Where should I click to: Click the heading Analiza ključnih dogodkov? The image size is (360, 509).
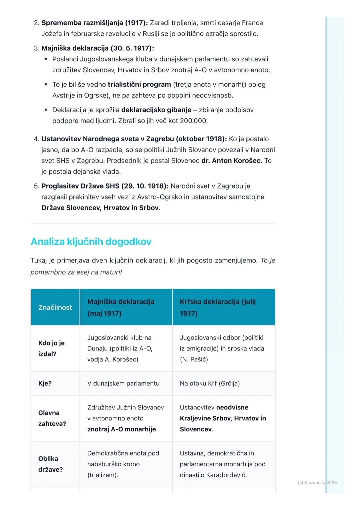point(91,242)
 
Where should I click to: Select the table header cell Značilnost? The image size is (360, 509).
point(55,307)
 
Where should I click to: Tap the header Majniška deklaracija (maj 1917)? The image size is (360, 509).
point(121,307)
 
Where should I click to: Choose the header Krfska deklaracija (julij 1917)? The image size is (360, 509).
point(218,307)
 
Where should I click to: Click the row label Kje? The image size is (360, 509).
point(45,383)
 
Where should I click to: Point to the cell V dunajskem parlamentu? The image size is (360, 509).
point(123,383)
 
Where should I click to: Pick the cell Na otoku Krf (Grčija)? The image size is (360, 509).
point(210,383)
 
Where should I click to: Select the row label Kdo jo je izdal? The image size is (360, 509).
point(51,348)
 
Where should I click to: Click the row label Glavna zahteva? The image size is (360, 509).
point(52,418)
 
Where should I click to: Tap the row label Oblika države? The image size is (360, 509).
point(50,464)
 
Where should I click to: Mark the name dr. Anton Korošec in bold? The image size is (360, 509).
point(231,161)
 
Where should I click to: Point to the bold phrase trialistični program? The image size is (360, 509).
point(139,84)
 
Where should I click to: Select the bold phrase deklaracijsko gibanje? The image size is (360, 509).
point(156,110)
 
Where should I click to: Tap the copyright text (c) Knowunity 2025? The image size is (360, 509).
point(317,482)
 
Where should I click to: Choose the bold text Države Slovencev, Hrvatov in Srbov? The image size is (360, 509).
point(100,208)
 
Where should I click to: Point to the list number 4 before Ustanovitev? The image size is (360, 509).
point(36,139)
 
